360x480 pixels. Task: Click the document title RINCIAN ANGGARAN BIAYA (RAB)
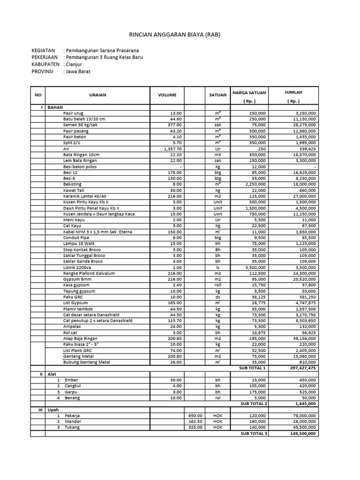tap(174, 35)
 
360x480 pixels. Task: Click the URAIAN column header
tap(97, 95)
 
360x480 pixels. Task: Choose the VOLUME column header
tap(167, 95)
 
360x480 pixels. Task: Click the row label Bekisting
tap(73, 184)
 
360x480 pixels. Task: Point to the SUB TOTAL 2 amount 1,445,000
tap(305, 404)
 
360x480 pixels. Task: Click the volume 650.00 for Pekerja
tap(195, 415)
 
